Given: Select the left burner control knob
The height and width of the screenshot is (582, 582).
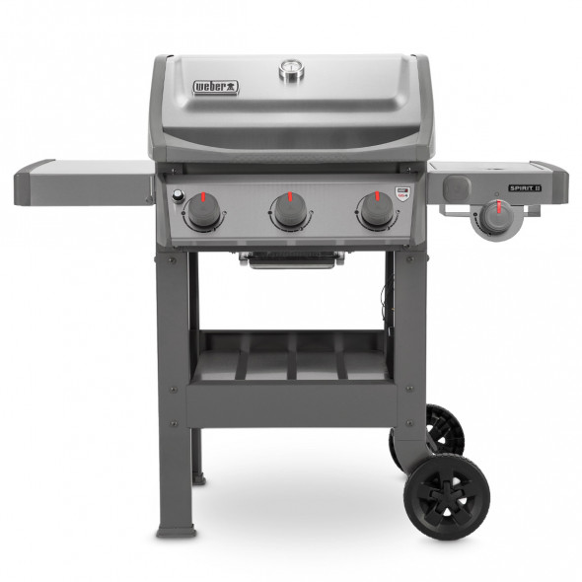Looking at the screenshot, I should (203, 210).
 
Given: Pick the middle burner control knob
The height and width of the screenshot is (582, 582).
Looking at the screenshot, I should (290, 210).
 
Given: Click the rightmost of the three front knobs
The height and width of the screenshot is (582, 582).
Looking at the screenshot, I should (376, 209).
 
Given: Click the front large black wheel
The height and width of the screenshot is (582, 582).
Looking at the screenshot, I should (449, 497).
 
